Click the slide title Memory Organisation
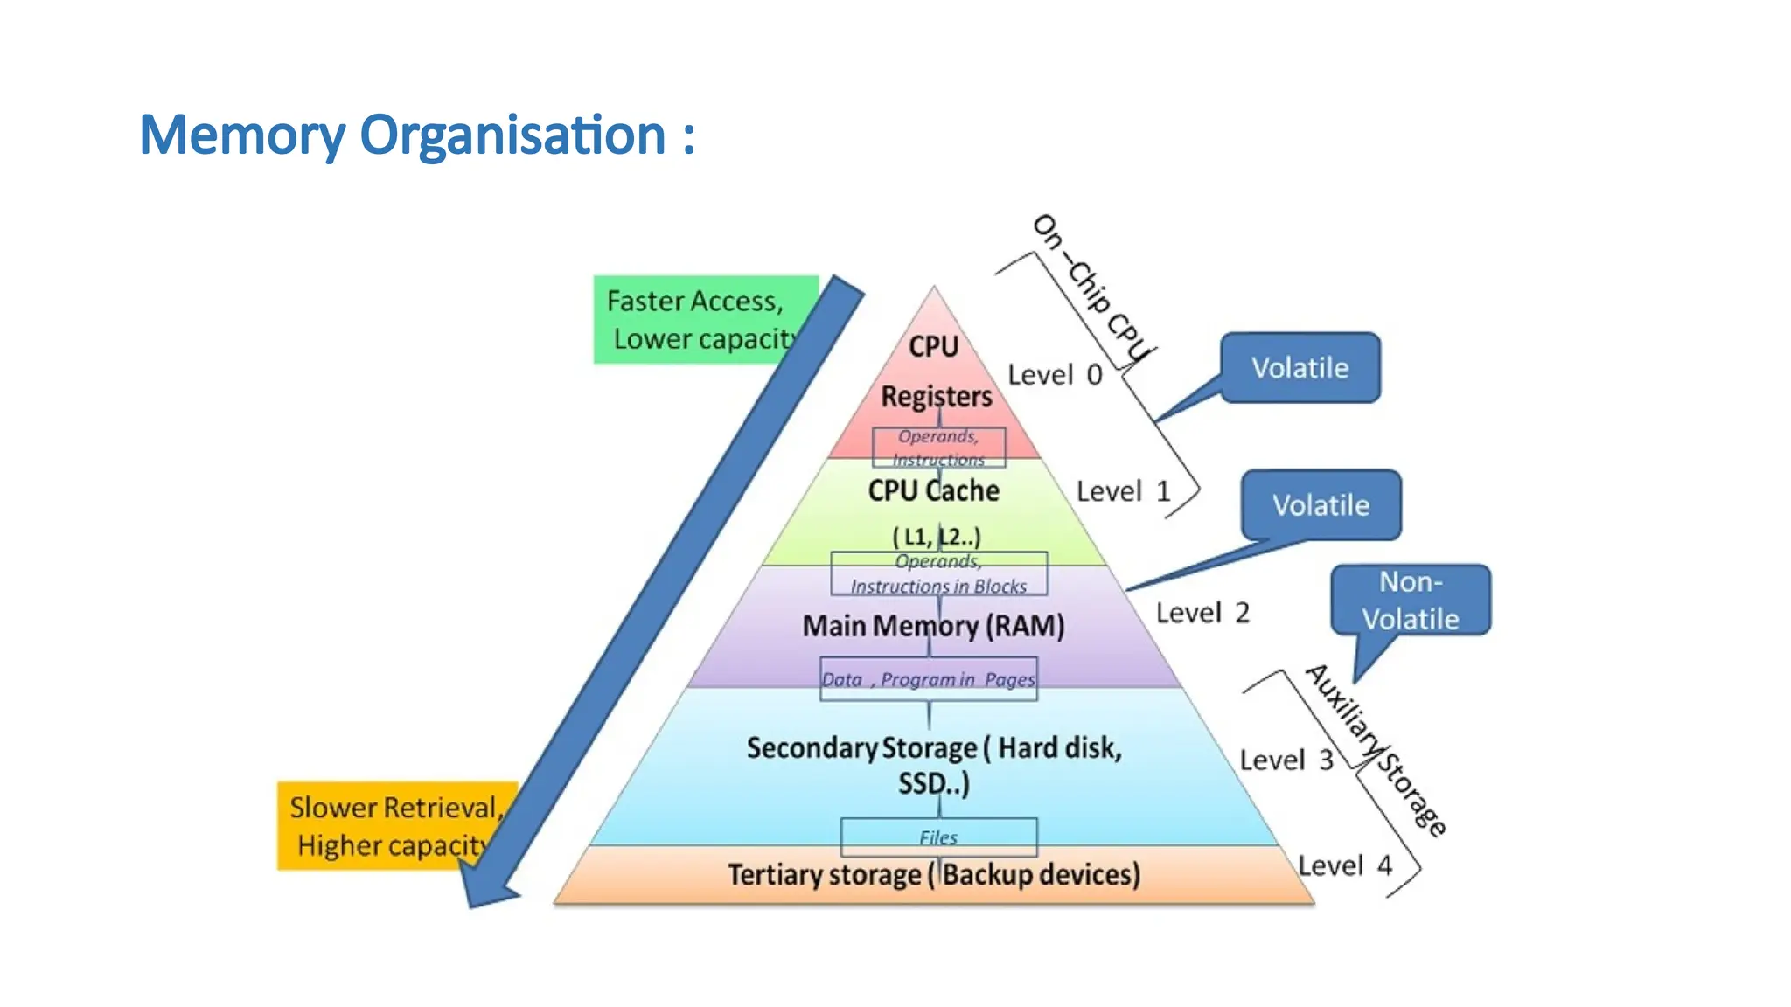pos(417,135)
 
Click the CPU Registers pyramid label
pos(935,372)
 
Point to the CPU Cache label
pos(933,490)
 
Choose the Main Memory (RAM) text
pos(933,626)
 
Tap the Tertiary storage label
pos(933,874)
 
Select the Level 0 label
pos(1054,375)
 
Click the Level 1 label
pos(1123,491)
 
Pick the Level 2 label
pos(1202,613)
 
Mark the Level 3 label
pos(1286,760)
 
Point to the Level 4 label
pos(1344,865)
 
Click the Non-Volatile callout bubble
pos(1411,601)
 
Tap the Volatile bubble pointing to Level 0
pos(1300,368)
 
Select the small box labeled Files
pos(938,837)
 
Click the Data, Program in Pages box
pos(928,679)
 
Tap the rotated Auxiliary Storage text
pos(1375,749)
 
